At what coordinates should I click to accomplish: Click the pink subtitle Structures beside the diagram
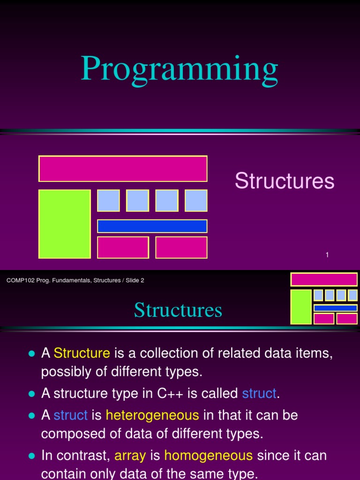[x=285, y=181]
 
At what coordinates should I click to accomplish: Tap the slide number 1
[x=327, y=255]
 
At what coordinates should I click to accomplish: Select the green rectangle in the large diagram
[x=65, y=224]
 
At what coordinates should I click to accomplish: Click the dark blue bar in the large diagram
[x=152, y=226]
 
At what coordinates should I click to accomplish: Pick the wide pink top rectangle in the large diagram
[x=123, y=169]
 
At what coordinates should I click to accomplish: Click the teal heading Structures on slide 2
[x=178, y=310]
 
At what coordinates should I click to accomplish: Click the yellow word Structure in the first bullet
[x=82, y=353]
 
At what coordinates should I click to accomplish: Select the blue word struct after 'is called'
[x=259, y=393]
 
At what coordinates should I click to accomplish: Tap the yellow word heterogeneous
[x=152, y=415]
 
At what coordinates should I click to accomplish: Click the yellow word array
[x=130, y=455]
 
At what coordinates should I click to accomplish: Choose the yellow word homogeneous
[x=209, y=455]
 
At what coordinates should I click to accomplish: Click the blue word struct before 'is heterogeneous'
[x=71, y=415]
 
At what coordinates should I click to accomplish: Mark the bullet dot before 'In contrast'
[x=32, y=456]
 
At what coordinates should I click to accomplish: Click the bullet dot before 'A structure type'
[x=32, y=394]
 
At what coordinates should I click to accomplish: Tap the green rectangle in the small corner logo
[x=301, y=307]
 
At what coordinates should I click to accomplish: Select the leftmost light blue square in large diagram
[x=108, y=201]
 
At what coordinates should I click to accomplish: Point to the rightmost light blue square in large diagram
[x=196, y=201]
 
